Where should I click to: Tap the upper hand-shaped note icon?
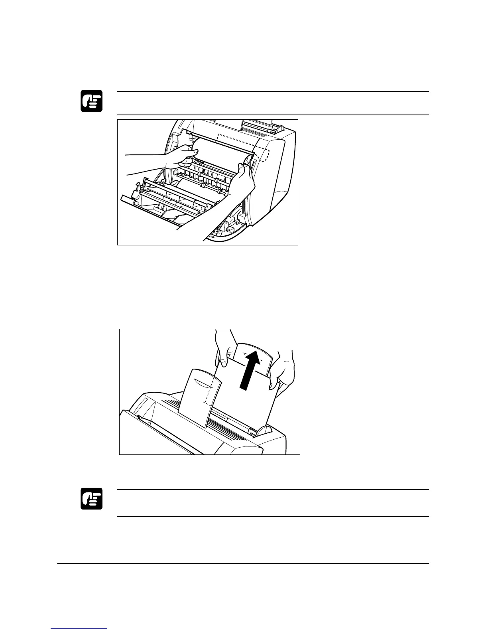pyautogui.click(x=92, y=101)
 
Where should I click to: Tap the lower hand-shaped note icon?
pyautogui.click(x=92, y=499)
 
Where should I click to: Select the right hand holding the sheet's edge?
pyautogui.click(x=281, y=371)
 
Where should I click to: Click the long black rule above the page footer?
pyautogui.click(x=243, y=564)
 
